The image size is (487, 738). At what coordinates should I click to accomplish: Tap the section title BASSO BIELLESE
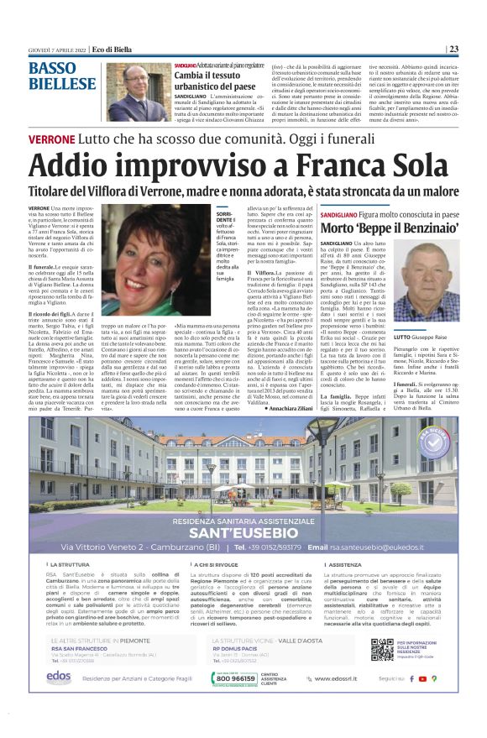[x=62, y=76]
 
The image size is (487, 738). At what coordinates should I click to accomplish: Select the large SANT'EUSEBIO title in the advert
[x=243, y=532]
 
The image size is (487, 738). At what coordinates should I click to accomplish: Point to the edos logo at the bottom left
[x=58, y=677]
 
